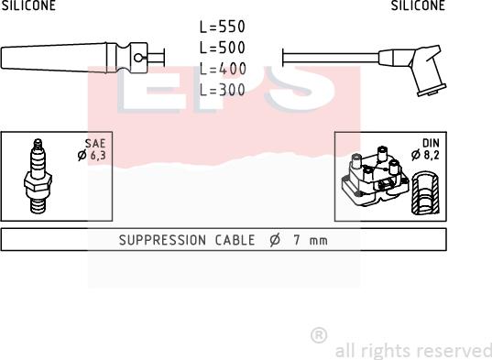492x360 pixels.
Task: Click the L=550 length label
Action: click(x=222, y=27)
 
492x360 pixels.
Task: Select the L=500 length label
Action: click(x=222, y=48)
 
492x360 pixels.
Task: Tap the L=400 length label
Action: click(x=223, y=69)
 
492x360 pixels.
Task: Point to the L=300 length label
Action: click(x=222, y=90)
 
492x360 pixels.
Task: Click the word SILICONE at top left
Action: click(x=28, y=5)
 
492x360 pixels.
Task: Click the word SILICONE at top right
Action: click(x=418, y=5)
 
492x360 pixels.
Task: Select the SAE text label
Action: click(x=95, y=143)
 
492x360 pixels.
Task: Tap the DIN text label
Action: click(x=431, y=143)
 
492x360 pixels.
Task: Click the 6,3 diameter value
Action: click(x=98, y=155)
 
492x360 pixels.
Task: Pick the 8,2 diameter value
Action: click(x=432, y=155)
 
